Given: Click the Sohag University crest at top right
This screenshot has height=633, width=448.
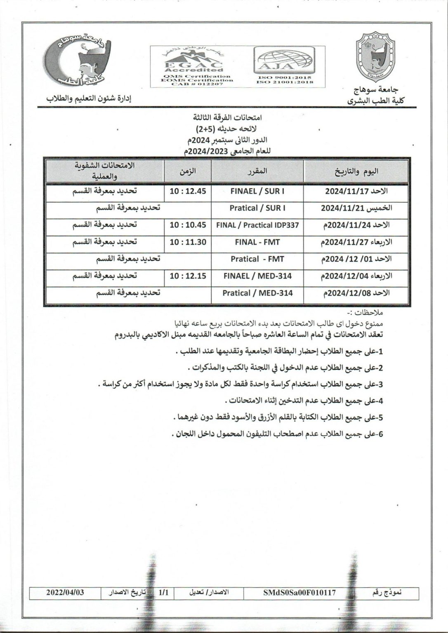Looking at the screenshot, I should tap(376, 58).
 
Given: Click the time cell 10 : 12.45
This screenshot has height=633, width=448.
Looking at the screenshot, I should tap(188, 191).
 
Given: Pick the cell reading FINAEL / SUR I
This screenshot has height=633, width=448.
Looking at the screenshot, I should tap(257, 191).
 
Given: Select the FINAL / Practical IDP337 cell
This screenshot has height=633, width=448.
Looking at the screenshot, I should tap(257, 225).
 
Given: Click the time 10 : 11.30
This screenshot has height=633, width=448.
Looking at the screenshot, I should tap(188, 242).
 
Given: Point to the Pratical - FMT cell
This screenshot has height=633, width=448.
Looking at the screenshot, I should tap(257, 259).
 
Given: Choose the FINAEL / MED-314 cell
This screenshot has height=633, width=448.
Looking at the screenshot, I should tap(257, 276).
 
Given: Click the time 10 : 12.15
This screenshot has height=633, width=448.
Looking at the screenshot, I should tap(188, 276).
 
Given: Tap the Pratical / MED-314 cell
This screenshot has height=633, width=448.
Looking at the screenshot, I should tap(257, 293).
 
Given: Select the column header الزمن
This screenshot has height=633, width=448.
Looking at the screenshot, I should tap(188, 171).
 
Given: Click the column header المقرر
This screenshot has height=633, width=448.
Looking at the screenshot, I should tap(258, 171).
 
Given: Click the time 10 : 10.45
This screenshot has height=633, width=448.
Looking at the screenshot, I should tap(188, 225).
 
